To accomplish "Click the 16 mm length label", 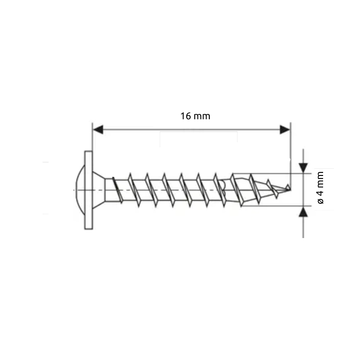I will tap(195, 116).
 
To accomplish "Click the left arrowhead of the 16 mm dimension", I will tap(99, 130).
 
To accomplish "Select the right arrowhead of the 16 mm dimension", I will tap(284, 130).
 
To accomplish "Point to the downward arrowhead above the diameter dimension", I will tap(304, 167).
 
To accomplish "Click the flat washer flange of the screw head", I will tap(88, 189).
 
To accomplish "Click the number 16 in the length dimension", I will tap(186, 116).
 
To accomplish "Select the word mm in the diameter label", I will tap(320, 179).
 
